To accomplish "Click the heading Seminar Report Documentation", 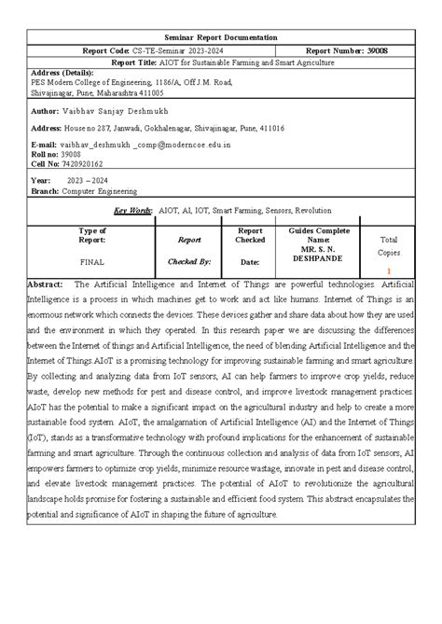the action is (221, 36).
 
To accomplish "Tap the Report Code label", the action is (104, 50).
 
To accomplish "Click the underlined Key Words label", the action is (132, 211).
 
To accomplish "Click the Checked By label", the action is (189, 262).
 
